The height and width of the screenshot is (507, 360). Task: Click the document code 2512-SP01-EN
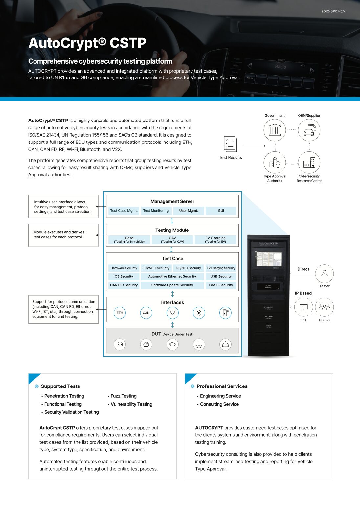tap(333, 11)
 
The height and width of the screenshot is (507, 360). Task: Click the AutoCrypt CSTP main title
tap(87, 43)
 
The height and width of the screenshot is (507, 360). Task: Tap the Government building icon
tap(275, 130)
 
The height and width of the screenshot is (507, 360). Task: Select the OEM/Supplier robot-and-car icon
tap(309, 130)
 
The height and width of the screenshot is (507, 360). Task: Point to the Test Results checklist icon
tap(230, 144)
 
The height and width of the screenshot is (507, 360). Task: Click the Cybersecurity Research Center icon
tap(309, 162)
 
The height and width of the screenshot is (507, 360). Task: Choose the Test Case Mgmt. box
tap(124, 211)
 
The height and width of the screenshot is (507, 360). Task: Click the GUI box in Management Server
tap(221, 211)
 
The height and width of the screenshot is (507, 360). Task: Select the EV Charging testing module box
tap(215, 240)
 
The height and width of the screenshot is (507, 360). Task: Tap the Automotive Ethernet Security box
tap(172, 276)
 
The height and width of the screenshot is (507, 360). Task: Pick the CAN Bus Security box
tap(124, 285)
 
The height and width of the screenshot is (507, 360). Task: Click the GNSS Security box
tap(221, 285)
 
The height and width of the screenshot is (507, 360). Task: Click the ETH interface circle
tap(120, 313)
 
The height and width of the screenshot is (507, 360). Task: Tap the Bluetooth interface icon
tap(199, 313)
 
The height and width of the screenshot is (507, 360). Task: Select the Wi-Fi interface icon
tap(172, 313)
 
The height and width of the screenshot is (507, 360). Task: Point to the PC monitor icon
tap(304, 307)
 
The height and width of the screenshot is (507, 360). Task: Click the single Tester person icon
tap(325, 274)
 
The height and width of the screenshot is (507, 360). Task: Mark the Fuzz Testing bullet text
tap(124, 396)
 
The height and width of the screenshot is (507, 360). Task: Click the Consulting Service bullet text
tap(219, 404)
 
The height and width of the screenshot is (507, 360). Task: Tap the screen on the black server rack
tap(269, 259)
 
